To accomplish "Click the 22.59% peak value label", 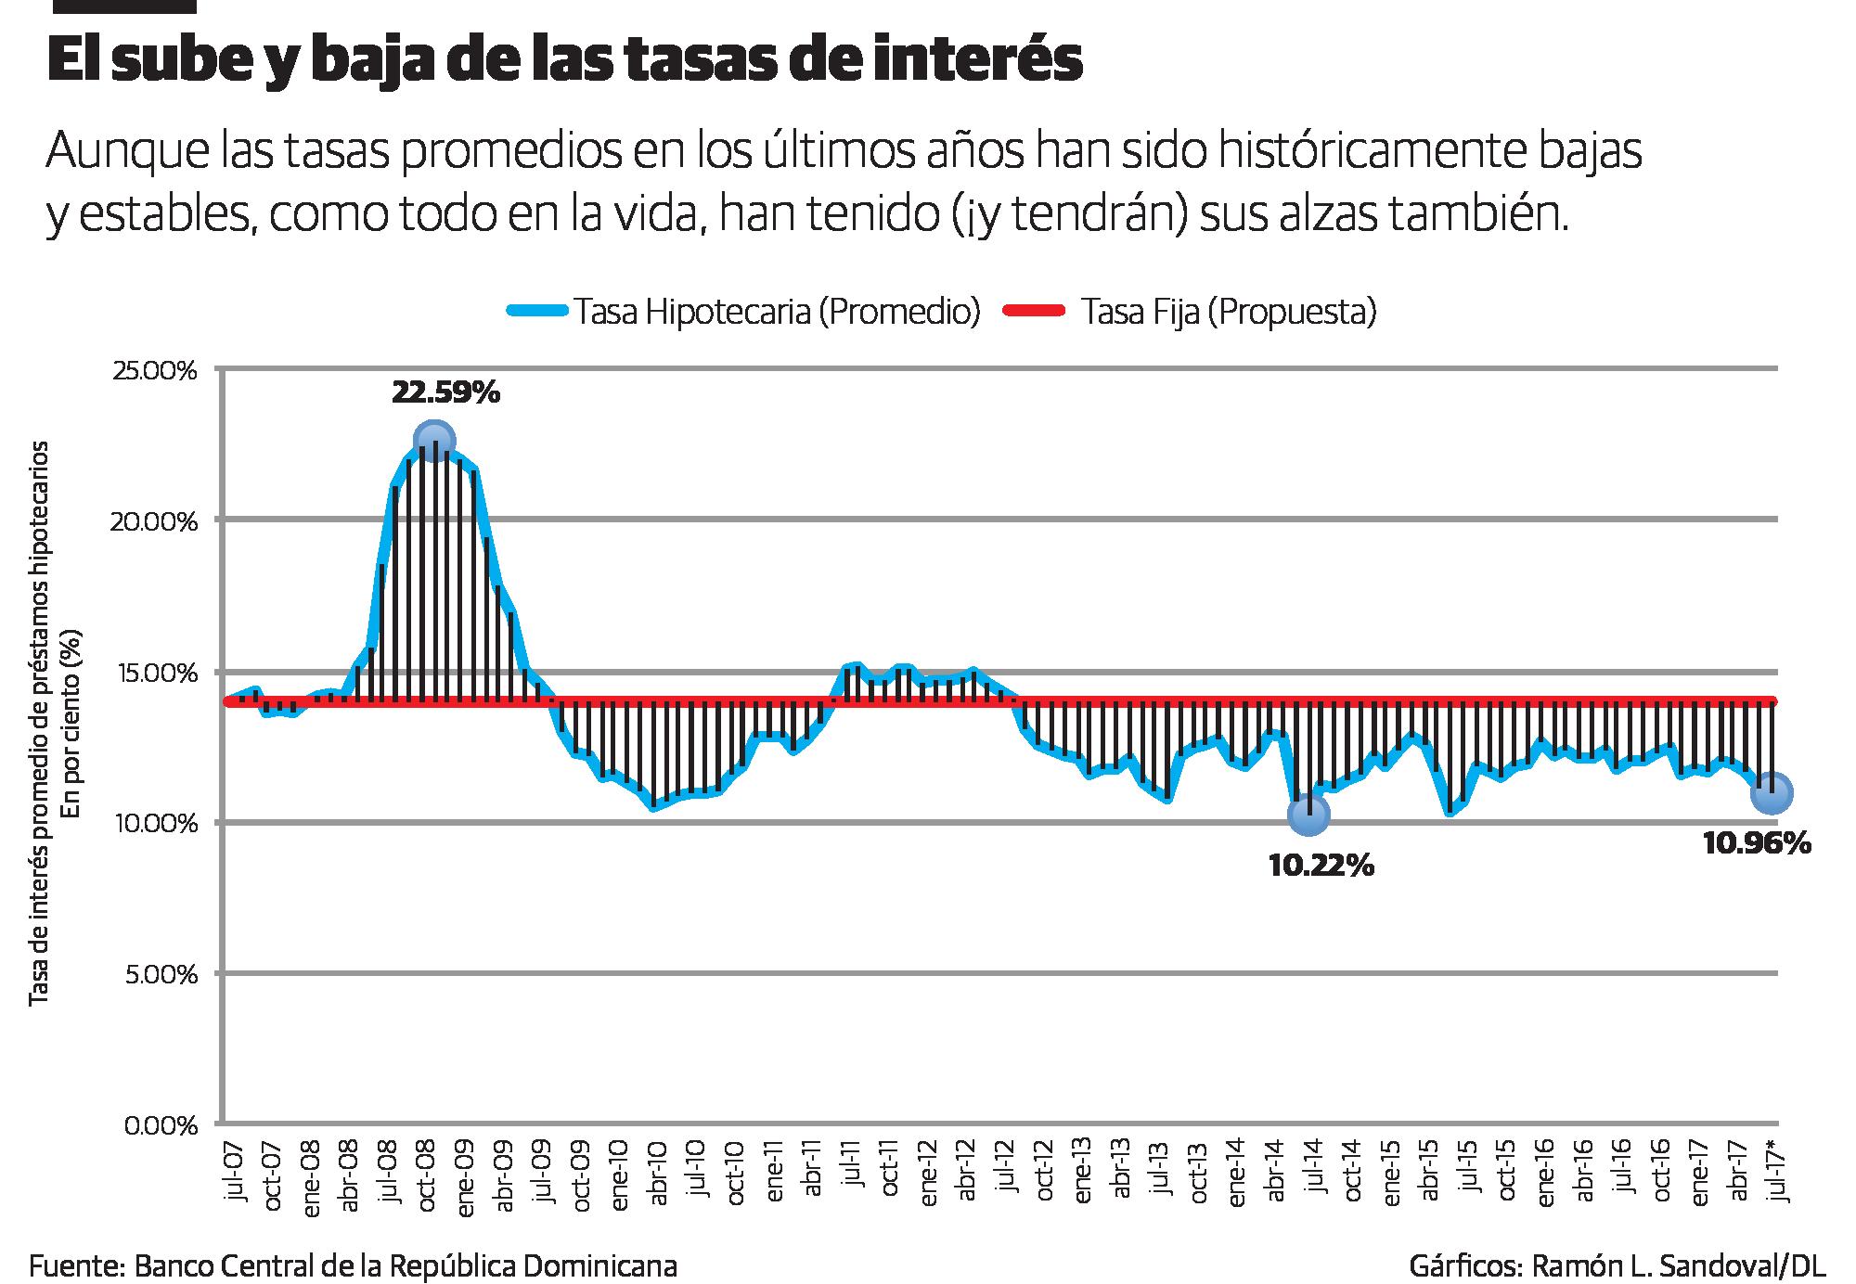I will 445,393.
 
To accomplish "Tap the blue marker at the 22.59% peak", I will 434,441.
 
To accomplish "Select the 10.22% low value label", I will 1321,867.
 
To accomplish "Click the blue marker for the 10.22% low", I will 1308,815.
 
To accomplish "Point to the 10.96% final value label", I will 1757,843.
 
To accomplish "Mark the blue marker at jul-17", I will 1771,793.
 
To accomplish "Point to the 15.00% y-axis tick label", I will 157,673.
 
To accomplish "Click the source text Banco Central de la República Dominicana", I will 406,1266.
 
